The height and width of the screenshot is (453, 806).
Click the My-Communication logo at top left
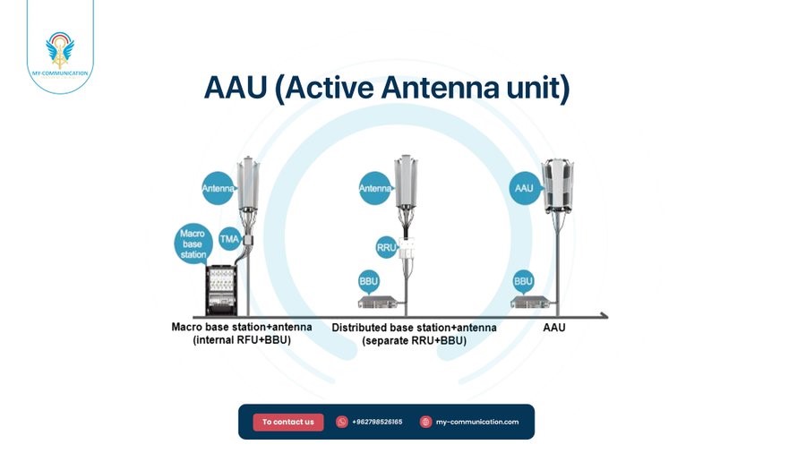click(x=60, y=52)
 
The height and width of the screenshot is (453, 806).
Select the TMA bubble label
click(x=229, y=240)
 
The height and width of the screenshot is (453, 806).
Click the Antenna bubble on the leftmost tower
click(x=219, y=189)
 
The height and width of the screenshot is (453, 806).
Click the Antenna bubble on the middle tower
click(x=375, y=189)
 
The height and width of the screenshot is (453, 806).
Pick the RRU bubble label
click(x=387, y=246)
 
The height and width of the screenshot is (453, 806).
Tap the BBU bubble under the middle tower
click(x=369, y=281)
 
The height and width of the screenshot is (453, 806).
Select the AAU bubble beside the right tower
click(x=524, y=189)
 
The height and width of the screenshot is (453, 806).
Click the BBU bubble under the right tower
click(x=524, y=281)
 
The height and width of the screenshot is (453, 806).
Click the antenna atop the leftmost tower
click(x=248, y=184)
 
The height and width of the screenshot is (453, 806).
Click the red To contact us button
click(x=287, y=422)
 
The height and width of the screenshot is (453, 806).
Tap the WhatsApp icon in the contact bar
click(x=341, y=422)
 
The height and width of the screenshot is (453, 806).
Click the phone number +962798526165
click(x=377, y=422)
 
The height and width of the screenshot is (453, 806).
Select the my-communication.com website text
click(x=477, y=422)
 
